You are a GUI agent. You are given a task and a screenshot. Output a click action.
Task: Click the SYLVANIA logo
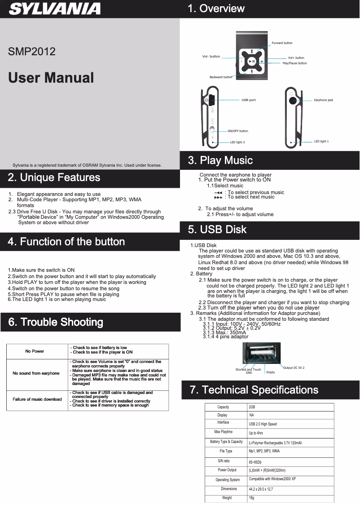coord(55,9)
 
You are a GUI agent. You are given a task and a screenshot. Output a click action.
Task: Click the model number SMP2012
coord(32,51)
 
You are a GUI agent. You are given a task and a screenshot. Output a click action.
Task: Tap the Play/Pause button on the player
coord(252,62)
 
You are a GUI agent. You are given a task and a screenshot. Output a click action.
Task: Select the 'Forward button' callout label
coord(282,43)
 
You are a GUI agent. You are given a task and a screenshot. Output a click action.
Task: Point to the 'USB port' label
coord(249,100)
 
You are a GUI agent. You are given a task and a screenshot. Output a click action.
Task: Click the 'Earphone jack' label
coord(323,100)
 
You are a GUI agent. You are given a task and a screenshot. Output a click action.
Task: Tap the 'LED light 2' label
coord(237,142)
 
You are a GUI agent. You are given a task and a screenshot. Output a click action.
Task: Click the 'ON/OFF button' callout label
coord(237,131)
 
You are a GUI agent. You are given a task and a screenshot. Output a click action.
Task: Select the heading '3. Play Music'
coord(220,160)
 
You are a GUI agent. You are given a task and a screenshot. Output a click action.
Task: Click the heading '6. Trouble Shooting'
coord(56,322)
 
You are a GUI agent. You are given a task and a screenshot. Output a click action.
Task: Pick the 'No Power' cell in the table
coord(35,351)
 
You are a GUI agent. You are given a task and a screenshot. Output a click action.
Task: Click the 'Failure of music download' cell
coord(37,399)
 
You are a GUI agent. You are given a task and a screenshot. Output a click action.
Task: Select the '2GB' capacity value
coord(252,407)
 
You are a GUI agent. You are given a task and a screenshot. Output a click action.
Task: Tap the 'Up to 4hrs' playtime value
coord(256,433)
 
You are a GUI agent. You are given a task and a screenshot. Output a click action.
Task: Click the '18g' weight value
coord(251,498)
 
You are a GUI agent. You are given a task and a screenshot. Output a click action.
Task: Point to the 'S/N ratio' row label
coord(224,461)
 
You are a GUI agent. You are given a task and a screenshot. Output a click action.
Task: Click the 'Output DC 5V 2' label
coord(294,367)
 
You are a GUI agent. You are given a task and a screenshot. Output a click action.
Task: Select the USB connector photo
coord(261,353)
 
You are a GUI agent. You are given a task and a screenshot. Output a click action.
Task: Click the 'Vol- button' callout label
coord(211,57)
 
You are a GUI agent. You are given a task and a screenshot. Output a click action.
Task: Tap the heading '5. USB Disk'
coord(217,230)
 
